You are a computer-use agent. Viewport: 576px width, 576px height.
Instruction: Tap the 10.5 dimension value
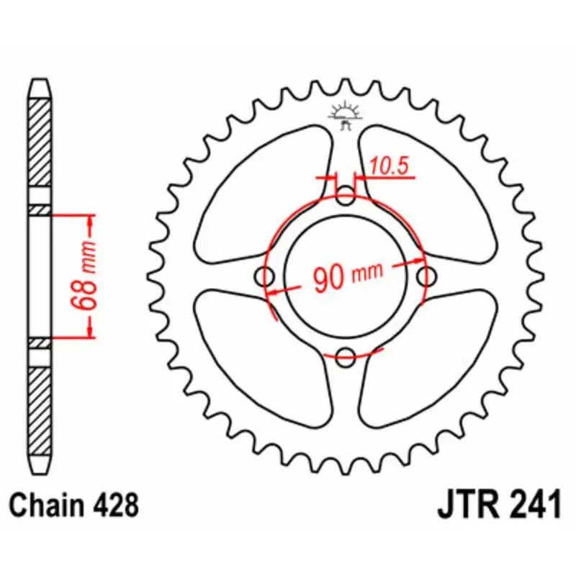point(390,166)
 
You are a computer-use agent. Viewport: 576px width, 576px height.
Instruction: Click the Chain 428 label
point(73,505)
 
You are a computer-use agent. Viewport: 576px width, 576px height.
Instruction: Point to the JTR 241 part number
point(498,503)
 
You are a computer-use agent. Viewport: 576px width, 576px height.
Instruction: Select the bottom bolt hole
point(346,354)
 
